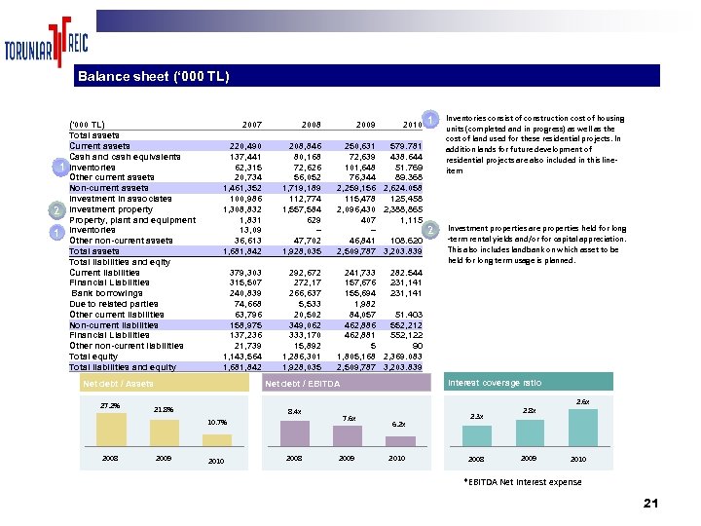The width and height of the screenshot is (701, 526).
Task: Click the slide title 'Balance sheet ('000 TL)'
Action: coord(153,76)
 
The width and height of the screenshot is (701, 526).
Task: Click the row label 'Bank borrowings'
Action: coord(106,293)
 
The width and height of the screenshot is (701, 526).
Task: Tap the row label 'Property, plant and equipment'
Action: coord(131,220)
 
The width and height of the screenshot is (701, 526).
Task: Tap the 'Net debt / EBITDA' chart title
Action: coord(303,385)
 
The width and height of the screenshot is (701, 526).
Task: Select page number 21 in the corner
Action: coord(651,503)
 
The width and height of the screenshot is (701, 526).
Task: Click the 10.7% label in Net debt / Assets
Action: coord(217,422)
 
